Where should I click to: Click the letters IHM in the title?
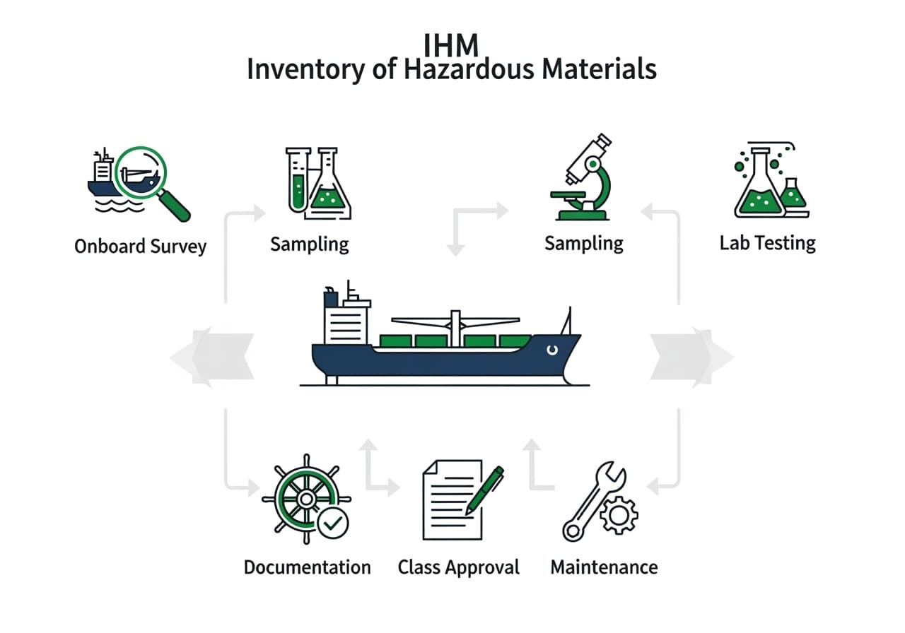[x=451, y=45]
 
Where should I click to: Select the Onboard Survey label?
[x=140, y=247]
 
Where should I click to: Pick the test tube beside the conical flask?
[x=298, y=180]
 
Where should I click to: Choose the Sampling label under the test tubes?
[x=310, y=244]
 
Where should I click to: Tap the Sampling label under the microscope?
[x=584, y=244]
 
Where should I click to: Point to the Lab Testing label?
[x=767, y=244]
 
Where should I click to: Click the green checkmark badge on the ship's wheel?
[x=333, y=523]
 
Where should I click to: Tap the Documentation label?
[x=307, y=567]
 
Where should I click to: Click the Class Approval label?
[x=458, y=567]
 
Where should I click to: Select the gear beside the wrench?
[x=617, y=514]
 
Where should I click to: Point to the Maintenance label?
[x=604, y=567]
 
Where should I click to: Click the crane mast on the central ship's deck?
[x=455, y=329]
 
